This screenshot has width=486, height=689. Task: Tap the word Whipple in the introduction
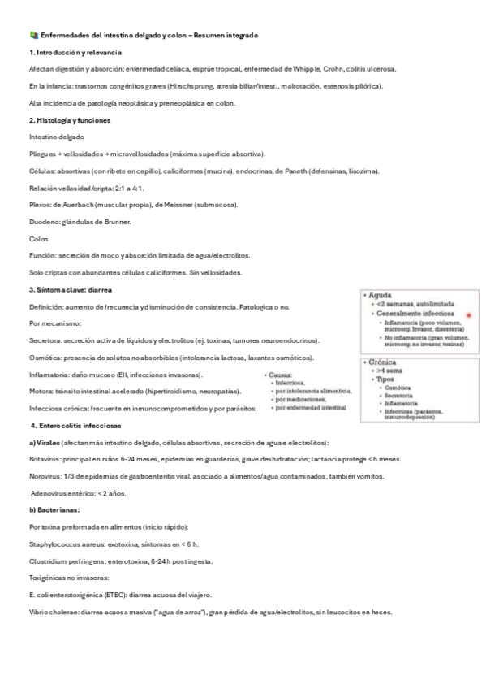pyautogui.click(x=305, y=69)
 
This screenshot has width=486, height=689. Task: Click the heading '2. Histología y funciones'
pyautogui.click(x=69, y=120)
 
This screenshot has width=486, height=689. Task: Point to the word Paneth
pyautogui.click(x=298, y=171)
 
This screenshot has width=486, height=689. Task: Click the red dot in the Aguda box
pyautogui.click(x=468, y=314)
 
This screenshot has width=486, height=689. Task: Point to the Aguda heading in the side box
pyautogui.click(x=382, y=295)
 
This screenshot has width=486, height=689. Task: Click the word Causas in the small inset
pyautogui.click(x=281, y=375)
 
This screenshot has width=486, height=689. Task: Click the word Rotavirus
pyautogui.click(x=45, y=459)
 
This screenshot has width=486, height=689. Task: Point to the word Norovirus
pyautogui.click(x=45, y=476)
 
